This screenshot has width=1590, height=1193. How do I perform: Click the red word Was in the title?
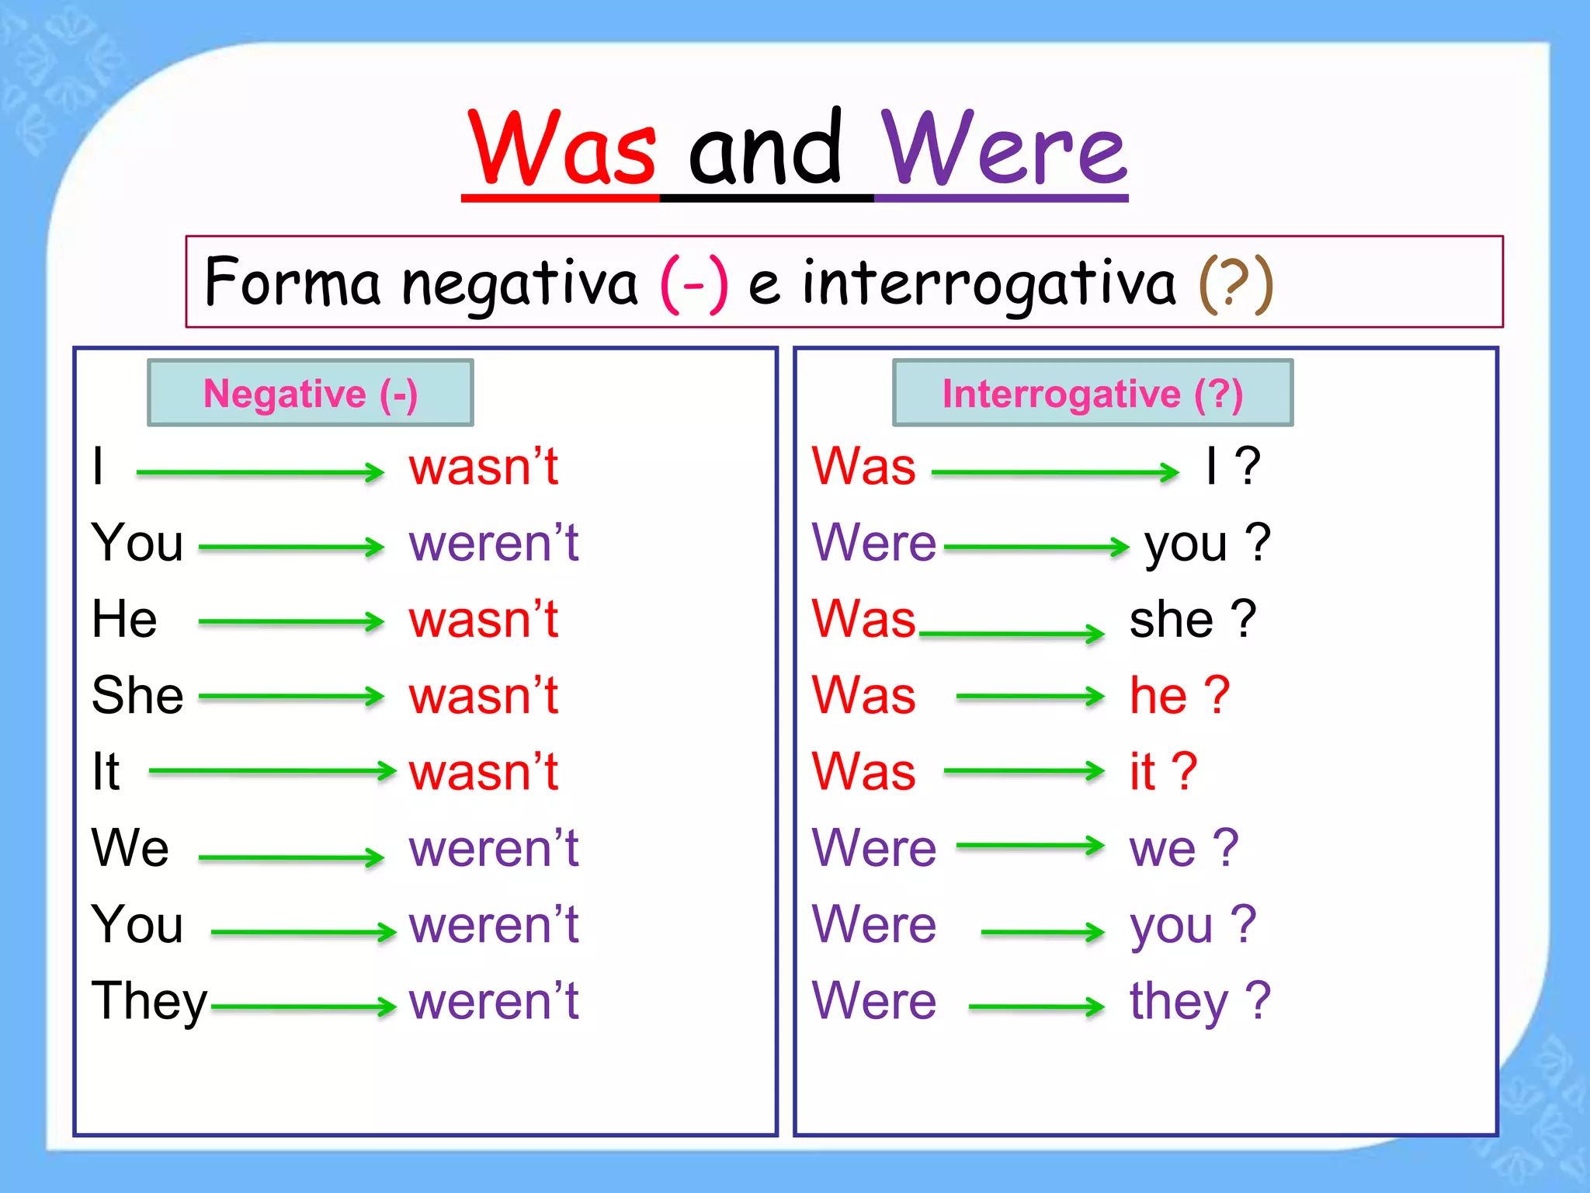tap(563, 149)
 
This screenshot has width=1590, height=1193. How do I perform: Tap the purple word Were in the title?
tap(1003, 149)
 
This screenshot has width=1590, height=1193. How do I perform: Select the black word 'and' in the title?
tap(765, 149)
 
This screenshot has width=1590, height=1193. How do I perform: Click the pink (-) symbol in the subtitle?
tap(694, 284)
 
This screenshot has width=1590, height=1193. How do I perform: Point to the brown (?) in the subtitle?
tap(1236, 284)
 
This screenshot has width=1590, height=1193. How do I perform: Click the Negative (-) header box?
tap(311, 393)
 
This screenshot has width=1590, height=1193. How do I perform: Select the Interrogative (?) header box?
tap(1092, 393)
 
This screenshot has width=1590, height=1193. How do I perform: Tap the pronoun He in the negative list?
tap(124, 620)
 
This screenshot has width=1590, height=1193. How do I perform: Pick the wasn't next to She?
tap(484, 695)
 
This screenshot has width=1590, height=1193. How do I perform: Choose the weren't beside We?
tap(494, 848)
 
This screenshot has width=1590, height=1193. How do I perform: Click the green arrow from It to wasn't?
tap(272, 771)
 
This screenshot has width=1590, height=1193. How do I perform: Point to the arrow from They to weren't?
tap(303, 1007)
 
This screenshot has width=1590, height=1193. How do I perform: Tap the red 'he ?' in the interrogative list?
tap(1179, 695)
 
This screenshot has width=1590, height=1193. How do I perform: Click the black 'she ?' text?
tap(1192, 620)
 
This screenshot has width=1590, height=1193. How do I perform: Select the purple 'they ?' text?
tap(1199, 1002)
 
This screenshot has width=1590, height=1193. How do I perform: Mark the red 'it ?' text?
tap(1163, 771)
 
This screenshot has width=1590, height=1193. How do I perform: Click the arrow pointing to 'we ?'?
tap(1030, 846)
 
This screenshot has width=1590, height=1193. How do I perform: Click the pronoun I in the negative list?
tap(98, 467)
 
